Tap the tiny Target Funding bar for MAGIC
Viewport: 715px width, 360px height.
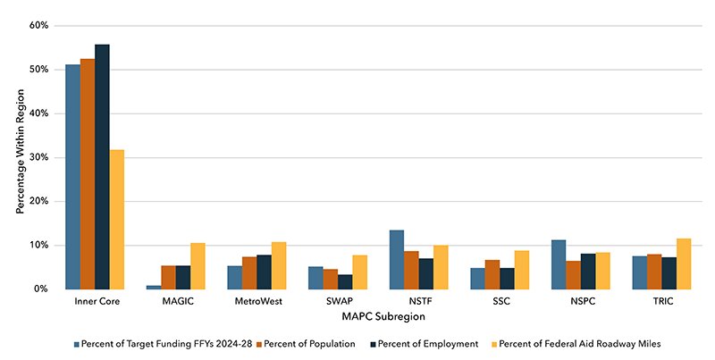(x=154, y=287)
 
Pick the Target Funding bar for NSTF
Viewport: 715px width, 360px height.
(x=397, y=260)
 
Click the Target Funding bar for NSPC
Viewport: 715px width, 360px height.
(x=559, y=264)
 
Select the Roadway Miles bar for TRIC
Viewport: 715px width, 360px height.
(x=685, y=264)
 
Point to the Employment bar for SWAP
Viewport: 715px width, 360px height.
(x=345, y=281)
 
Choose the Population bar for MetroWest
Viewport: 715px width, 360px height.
(x=249, y=272)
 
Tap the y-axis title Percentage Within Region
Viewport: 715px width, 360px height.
(x=18, y=157)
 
